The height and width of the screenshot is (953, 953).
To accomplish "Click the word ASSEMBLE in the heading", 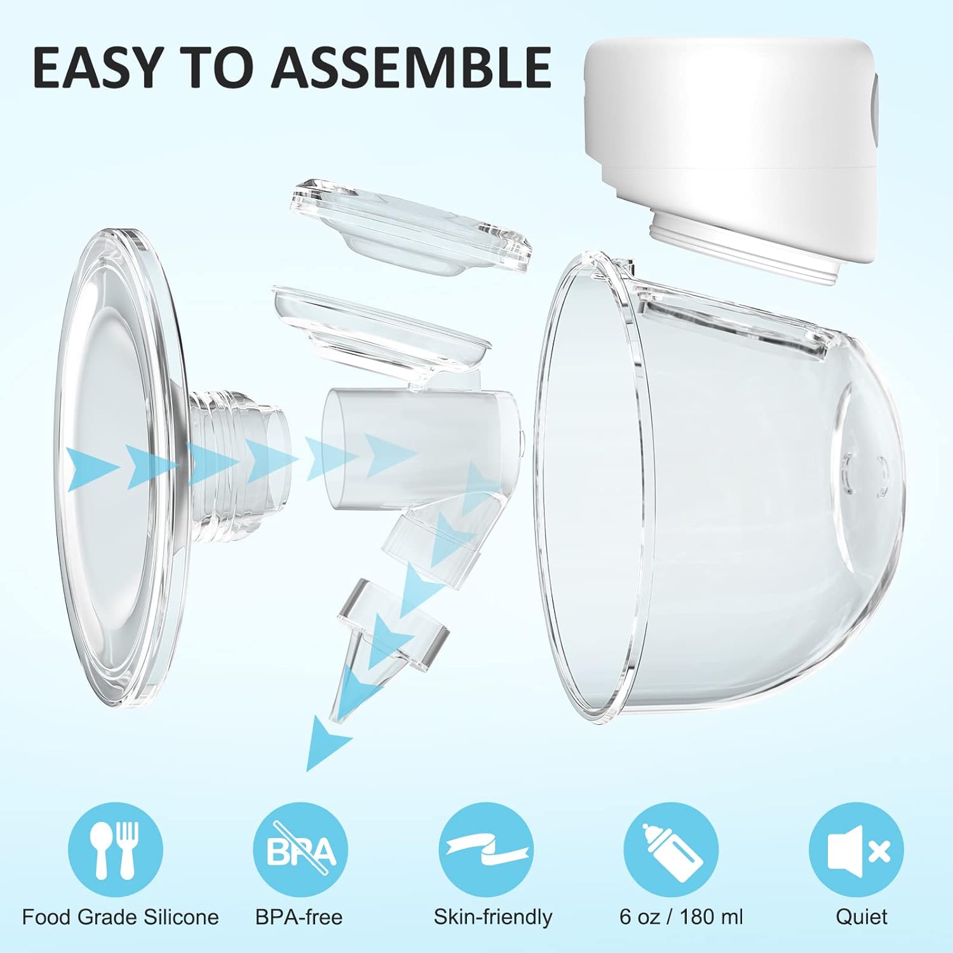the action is click(x=411, y=67).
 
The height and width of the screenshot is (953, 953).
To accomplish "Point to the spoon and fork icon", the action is click(x=115, y=850).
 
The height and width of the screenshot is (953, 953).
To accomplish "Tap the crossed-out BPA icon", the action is click(x=301, y=850).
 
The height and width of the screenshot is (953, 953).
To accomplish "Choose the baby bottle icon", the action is click(x=671, y=850).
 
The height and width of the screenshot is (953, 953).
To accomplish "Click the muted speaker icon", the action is click(x=856, y=850).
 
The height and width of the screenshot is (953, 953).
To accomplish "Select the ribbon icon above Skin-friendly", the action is click(x=486, y=850).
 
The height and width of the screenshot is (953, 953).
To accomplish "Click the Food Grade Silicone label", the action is click(x=120, y=917).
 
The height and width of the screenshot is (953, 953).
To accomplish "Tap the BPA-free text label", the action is click(x=299, y=917).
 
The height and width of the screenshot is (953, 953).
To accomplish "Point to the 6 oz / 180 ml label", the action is click(x=681, y=917).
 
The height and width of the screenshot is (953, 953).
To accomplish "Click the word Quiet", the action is click(x=862, y=917).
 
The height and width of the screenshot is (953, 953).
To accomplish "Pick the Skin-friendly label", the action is click(x=493, y=917).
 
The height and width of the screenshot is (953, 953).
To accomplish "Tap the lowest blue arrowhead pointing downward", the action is click(x=327, y=743).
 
